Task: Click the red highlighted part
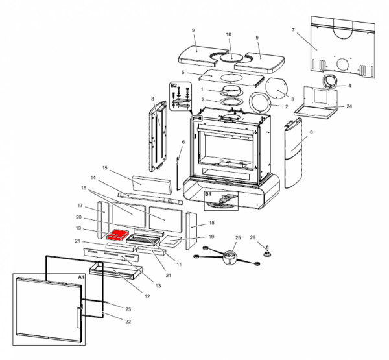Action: coord(118,234)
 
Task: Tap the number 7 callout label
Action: coord(293,30)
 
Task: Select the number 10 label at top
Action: coord(228,34)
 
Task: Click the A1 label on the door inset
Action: coord(81,277)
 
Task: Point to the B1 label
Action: coord(209,194)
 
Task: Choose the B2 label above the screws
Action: coord(173,85)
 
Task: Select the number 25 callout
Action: coord(237,238)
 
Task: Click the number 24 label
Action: coord(349,106)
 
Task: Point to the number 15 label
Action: coord(104,167)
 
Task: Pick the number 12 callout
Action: coord(147,296)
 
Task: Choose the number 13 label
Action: coord(159,285)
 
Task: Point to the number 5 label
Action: coord(183,73)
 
